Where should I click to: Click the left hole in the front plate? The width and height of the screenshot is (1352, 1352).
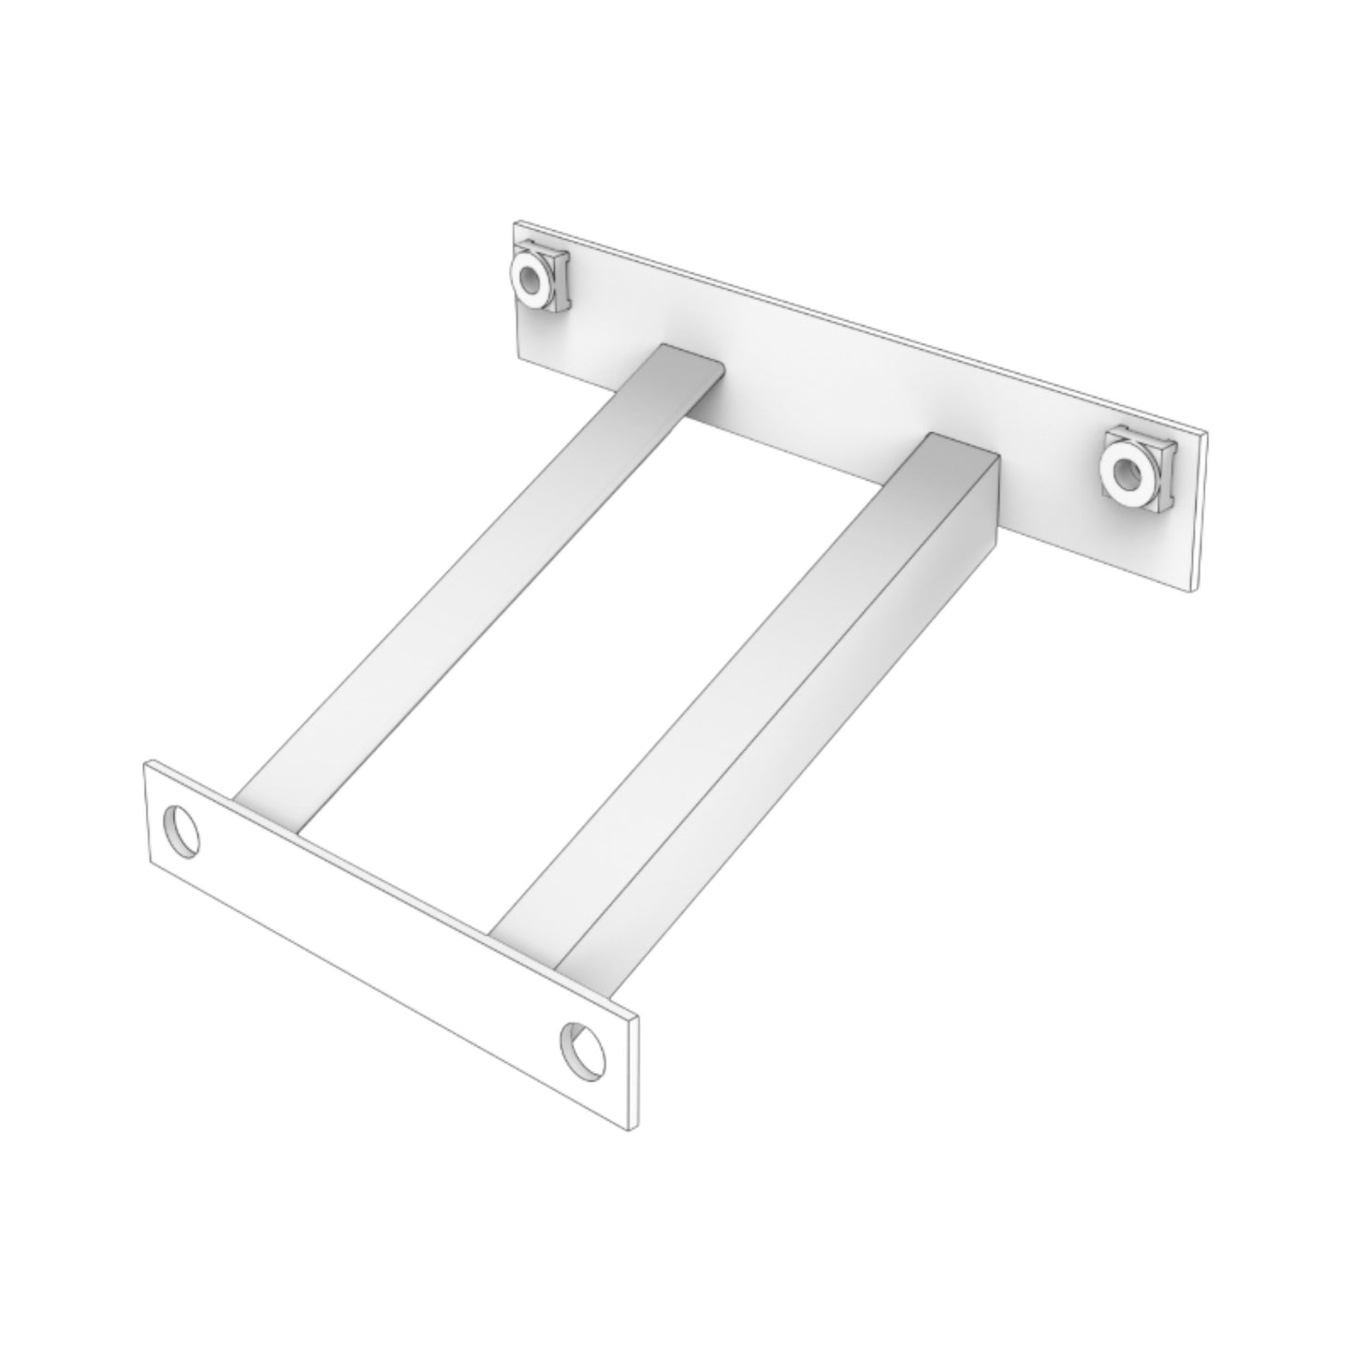[x=182, y=828]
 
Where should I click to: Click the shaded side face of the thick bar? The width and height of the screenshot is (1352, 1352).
[x=786, y=749]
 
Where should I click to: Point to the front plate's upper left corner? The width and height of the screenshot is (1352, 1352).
[x=145, y=763]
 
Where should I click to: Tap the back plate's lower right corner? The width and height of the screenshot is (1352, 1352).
[x=1195, y=589]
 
